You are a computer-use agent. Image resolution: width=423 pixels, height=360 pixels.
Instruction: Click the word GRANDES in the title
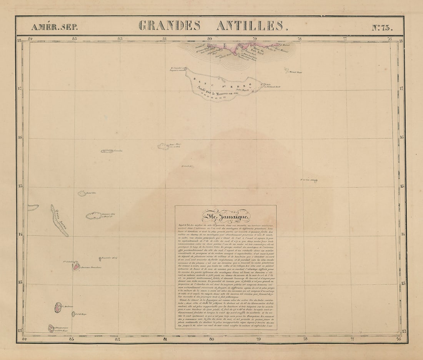click(x=169, y=26)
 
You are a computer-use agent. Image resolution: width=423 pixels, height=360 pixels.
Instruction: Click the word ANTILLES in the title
click(x=250, y=26)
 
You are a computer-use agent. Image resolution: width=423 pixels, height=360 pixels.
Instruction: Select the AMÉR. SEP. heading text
click(x=54, y=27)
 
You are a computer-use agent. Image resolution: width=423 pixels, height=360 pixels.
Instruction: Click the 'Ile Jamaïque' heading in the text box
click(x=225, y=217)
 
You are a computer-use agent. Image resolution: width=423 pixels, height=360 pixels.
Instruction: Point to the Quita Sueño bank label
click(x=59, y=220)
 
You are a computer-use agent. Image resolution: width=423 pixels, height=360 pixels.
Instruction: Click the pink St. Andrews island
click(x=58, y=307)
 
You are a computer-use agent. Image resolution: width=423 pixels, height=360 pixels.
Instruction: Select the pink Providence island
click(x=77, y=266)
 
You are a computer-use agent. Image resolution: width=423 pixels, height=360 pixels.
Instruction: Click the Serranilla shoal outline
click(x=107, y=151)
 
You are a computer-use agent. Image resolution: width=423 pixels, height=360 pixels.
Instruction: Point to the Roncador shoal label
click(x=109, y=258)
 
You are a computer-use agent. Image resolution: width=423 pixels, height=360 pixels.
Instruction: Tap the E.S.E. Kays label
click(x=81, y=314)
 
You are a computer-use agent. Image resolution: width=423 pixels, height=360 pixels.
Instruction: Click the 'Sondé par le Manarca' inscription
click(x=218, y=92)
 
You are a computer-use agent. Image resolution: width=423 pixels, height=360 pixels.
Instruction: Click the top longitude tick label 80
click(x=210, y=38)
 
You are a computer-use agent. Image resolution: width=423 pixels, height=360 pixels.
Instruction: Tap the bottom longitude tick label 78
click(x=305, y=339)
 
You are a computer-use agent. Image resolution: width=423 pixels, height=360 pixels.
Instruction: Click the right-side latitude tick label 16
click(x=401, y=137)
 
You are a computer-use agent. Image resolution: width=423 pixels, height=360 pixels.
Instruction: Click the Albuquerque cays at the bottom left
click(x=51, y=328)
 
